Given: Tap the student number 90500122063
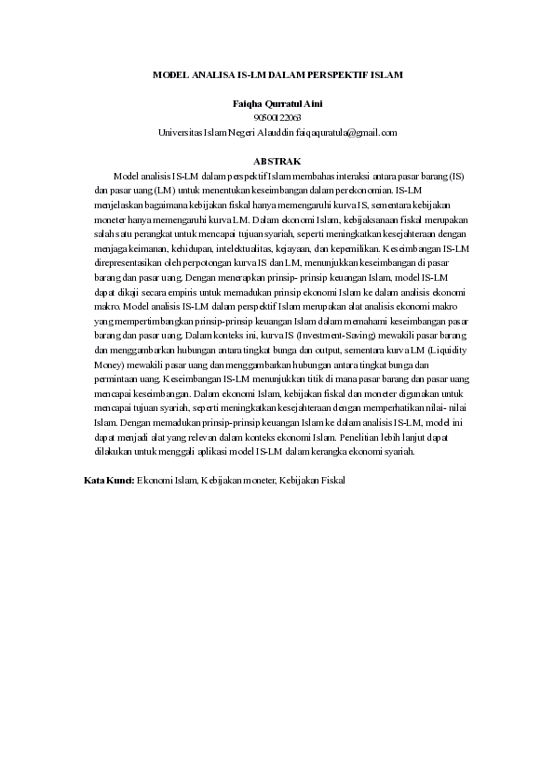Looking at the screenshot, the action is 277,117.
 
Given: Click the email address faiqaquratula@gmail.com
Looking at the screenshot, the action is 347,132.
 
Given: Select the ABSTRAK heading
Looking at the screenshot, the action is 277,161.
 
